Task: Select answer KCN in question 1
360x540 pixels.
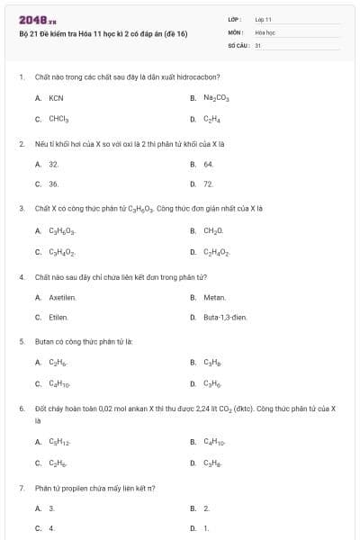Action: point(56,97)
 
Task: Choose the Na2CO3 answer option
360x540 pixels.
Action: point(216,97)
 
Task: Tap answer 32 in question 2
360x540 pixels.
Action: point(54,165)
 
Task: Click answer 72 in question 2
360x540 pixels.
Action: point(208,184)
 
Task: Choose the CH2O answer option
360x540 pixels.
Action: point(213,231)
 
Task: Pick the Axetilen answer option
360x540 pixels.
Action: point(62,297)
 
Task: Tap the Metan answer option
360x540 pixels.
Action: point(214,297)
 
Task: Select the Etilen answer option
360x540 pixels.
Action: point(58,317)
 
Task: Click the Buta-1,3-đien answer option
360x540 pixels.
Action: point(225,317)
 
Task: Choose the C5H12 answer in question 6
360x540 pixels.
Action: point(58,443)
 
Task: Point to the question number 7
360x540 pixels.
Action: point(21,489)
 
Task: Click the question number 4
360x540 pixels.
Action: point(21,276)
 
